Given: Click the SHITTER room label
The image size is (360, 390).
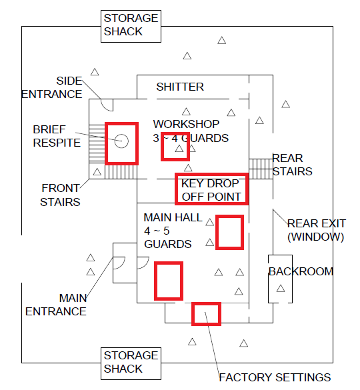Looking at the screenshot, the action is (180, 87).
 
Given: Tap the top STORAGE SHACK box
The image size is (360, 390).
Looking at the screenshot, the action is (131, 26).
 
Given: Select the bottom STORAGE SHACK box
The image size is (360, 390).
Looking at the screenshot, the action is (131, 363).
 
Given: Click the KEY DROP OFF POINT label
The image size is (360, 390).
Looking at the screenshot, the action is (211, 190).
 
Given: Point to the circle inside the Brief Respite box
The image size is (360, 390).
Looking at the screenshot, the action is (121, 141).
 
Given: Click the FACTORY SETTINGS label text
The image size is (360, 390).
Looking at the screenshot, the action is (275, 377).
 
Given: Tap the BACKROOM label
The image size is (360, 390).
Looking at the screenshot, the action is (301, 271).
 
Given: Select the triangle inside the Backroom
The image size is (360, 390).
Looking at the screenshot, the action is (281, 289).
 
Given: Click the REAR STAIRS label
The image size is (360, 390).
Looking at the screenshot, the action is (292, 165).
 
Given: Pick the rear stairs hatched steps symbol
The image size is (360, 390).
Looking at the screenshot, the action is (261, 169).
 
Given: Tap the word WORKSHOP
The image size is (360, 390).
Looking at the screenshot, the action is (186, 124).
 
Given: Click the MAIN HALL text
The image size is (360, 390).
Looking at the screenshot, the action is (173, 217).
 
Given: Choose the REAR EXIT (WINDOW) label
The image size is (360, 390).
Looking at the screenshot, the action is (317, 230).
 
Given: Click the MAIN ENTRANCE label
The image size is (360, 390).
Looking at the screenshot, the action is (56, 305).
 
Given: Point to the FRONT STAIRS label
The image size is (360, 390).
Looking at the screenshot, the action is (60, 195).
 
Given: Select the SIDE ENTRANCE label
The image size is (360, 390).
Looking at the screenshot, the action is (52, 87).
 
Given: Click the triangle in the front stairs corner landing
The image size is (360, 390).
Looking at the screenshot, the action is (97, 171).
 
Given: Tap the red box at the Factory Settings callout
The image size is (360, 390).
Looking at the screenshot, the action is (206, 314).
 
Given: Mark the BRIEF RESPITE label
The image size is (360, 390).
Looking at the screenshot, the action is (57, 136).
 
